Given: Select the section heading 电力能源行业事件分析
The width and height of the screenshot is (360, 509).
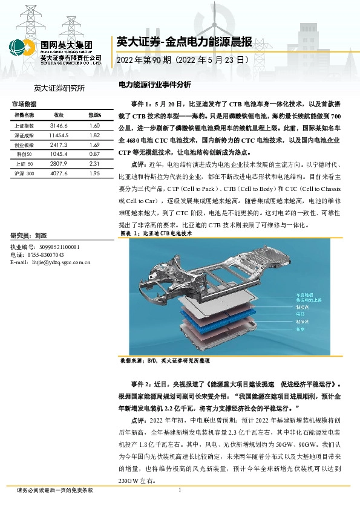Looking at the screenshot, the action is click(x=154, y=85).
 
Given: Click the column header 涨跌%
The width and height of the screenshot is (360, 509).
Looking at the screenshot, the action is click(x=94, y=115).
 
